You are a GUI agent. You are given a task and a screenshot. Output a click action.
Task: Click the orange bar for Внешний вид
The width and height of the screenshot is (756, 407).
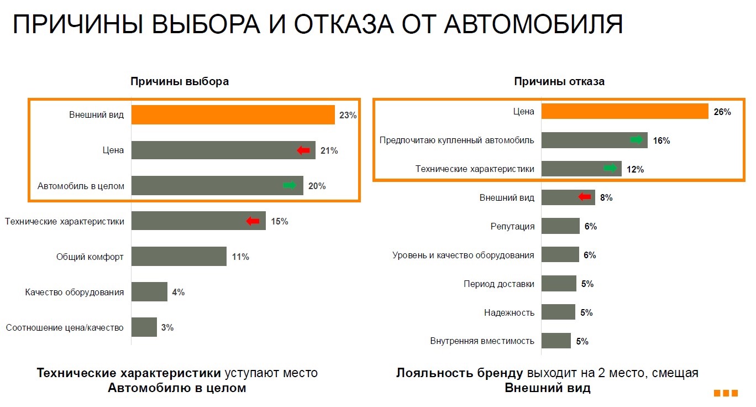(x=232, y=115)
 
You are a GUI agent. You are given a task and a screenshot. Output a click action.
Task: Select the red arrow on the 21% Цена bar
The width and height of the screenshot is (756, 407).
(x=303, y=150)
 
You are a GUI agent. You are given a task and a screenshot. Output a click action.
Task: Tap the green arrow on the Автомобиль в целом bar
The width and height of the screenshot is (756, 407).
(x=290, y=186)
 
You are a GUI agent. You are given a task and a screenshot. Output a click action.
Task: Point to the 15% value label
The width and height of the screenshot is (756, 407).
(x=279, y=222)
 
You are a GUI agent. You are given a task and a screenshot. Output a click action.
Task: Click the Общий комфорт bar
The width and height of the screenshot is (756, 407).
(x=179, y=257)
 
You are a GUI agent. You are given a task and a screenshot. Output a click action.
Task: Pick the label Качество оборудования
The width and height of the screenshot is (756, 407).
(x=75, y=292)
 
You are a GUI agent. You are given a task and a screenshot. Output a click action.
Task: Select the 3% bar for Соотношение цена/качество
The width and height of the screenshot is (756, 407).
(x=144, y=327)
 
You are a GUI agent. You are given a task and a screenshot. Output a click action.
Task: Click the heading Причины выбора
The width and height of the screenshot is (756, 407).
(x=180, y=81)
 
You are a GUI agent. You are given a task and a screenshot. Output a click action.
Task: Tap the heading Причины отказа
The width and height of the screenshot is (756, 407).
(x=559, y=81)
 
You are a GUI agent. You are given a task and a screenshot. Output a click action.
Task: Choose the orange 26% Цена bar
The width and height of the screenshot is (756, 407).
(x=624, y=111)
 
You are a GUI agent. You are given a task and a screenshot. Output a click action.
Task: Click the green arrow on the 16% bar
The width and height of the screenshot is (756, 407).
(x=638, y=140)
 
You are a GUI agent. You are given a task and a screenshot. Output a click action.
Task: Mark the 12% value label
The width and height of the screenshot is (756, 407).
(x=636, y=169)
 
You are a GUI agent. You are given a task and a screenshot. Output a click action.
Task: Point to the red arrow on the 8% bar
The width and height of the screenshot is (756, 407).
(x=584, y=197)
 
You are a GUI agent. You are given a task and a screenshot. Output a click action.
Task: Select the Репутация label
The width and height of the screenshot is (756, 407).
(x=512, y=226)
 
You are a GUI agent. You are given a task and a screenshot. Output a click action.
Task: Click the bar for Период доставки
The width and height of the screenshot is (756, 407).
(x=559, y=284)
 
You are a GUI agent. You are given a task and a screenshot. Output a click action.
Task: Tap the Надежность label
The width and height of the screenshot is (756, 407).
(x=509, y=312)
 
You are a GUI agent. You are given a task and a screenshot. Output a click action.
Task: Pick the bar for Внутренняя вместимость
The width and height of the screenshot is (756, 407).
(x=556, y=341)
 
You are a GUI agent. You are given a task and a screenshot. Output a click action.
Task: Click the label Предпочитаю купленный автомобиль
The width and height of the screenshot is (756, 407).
(x=456, y=140)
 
